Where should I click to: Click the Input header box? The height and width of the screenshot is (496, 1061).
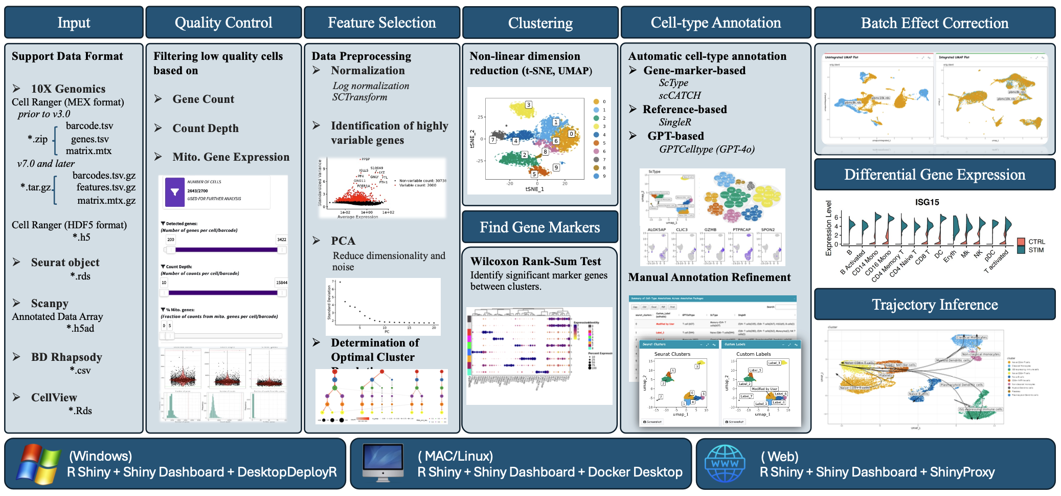tap(74, 23)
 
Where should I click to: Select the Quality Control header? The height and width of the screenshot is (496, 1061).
tap(223, 23)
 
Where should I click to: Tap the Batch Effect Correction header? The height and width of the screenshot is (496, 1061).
tap(934, 23)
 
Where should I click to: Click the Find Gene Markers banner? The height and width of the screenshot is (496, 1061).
tap(539, 227)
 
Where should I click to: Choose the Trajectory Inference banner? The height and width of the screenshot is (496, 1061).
tap(934, 305)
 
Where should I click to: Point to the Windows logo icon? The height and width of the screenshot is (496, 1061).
tap(37, 464)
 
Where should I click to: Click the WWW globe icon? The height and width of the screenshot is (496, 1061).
tap(725, 464)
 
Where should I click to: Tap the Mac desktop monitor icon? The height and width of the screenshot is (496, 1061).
tap(382, 463)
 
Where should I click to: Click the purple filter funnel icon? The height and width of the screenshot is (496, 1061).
tap(175, 192)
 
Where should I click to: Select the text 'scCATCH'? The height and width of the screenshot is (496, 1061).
tap(680, 95)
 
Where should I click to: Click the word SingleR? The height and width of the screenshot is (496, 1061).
tap(675, 122)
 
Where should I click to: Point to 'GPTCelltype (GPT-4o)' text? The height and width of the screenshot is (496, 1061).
tap(707, 149)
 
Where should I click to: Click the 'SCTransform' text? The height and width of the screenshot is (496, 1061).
tap(359, 97)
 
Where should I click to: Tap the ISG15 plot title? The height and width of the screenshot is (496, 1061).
tap(927, 202)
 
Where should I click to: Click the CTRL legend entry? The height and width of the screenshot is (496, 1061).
tap(1036, 242)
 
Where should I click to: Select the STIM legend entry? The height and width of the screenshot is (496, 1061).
tap(1036, 250)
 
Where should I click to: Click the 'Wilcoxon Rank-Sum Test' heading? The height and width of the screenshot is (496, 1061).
tap(535, 261)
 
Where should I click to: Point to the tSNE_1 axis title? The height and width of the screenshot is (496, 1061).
tap(534, 189)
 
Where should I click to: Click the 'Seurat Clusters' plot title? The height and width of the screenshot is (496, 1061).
tap(672, 354)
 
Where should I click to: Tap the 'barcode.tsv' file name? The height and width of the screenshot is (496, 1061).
tap(89, 126)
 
